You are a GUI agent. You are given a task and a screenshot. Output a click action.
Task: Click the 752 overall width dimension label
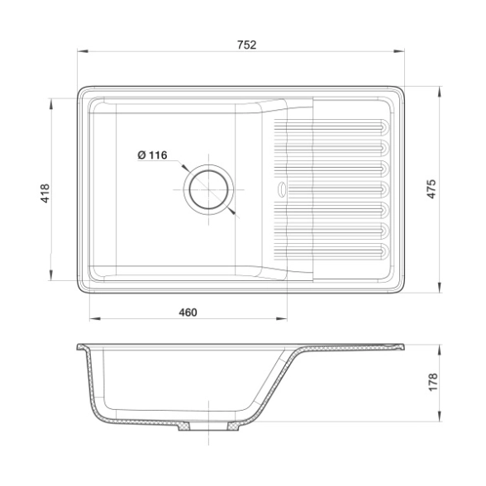pos(246,45)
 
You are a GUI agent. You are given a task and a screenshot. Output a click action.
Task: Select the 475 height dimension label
pos(431,188)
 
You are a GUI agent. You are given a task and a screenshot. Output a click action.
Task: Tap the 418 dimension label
pos(45,193)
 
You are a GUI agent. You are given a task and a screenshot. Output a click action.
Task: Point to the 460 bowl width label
pos(188,312)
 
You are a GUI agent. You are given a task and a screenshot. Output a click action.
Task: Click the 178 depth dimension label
pos(433,382)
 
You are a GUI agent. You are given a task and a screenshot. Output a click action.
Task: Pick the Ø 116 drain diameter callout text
pos(152,155)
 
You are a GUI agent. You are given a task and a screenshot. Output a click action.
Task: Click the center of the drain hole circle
pos(208,189)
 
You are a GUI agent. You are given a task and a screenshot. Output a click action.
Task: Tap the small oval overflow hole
pos(282,189)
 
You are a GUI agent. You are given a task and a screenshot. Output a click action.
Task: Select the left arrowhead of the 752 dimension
pos(83,51)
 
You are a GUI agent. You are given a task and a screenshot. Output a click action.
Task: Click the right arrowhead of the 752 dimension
pos(399,51)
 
